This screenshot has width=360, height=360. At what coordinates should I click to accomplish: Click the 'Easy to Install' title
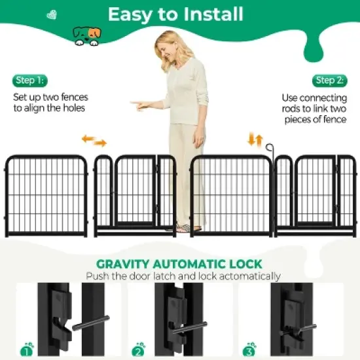point(175,14)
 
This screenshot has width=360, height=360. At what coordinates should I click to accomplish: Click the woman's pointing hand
point(139,103)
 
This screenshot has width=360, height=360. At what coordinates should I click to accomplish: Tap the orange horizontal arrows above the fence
point(94,141)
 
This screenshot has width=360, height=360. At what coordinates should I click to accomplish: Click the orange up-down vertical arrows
point(255,139)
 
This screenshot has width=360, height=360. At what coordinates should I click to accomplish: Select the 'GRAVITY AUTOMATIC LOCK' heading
point(179,264)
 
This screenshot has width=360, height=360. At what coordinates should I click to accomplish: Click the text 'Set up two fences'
point(50,97)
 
